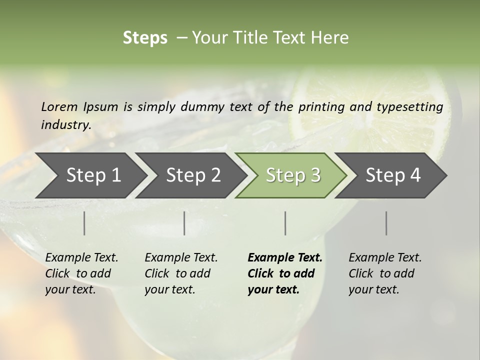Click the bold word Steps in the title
(x=145, y=38)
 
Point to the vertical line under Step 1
(x=84, y=223)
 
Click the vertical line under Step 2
(x=184, y=223)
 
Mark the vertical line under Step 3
(x=285, y=223)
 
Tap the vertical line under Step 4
(x=386, y=223)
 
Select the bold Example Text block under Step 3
(x=285, y=273)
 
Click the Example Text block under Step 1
(x=81, y=273)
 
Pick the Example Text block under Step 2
(x=181, y=273)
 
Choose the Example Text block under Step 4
(x=385, y=273)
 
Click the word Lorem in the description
(x=59, y=106)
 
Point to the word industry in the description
(x=65, y=124)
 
